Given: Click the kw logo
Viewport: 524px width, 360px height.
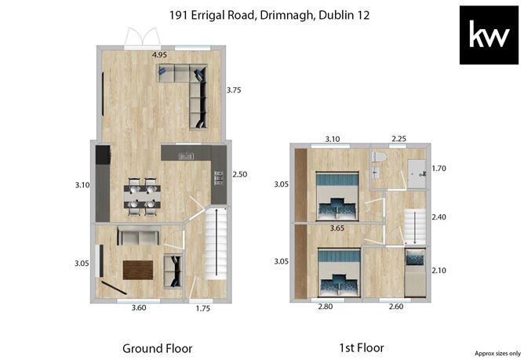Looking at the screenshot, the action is [489, 35].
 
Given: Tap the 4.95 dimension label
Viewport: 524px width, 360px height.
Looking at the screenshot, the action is [159, 55].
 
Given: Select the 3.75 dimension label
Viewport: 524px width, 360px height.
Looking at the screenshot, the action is [234, 90].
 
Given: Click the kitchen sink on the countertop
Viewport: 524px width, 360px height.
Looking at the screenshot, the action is [185, 156].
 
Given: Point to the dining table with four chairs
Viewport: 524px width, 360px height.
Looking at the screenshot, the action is [142, 196].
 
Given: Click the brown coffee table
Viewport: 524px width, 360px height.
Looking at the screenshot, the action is [138, 270].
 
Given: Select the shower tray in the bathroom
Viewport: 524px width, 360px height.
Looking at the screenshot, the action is [417, 174].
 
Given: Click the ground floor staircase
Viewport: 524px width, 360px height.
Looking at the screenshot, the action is [216, 243].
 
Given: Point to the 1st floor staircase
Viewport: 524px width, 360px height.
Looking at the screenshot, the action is [415, 227].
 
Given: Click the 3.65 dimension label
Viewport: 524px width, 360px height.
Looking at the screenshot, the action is [337, 228].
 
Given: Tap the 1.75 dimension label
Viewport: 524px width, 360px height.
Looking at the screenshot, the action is [203, 308].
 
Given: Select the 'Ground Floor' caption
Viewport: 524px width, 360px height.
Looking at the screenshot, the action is [158, 348].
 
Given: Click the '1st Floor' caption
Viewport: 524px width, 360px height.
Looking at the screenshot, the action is [362, 347].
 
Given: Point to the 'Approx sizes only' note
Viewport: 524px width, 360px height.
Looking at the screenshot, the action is [497, 353].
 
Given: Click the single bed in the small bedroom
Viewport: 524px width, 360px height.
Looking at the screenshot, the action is [415, 272].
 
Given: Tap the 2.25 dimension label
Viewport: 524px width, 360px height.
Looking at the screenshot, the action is [398, 139].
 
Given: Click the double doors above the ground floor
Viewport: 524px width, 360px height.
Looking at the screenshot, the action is [142, 37].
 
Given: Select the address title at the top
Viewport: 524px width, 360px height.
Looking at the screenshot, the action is [269, 16].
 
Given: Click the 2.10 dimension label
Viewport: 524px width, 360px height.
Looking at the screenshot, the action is [438, 271].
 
